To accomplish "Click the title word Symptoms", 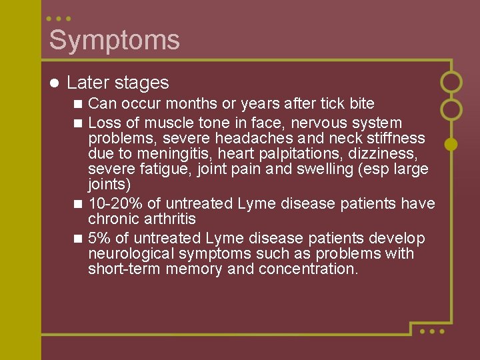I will [114, 40].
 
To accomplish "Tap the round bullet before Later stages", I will [55, 83].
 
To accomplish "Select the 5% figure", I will [100, 238].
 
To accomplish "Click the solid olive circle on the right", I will [451, 143].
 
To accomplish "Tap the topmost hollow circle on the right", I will [451, 82].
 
